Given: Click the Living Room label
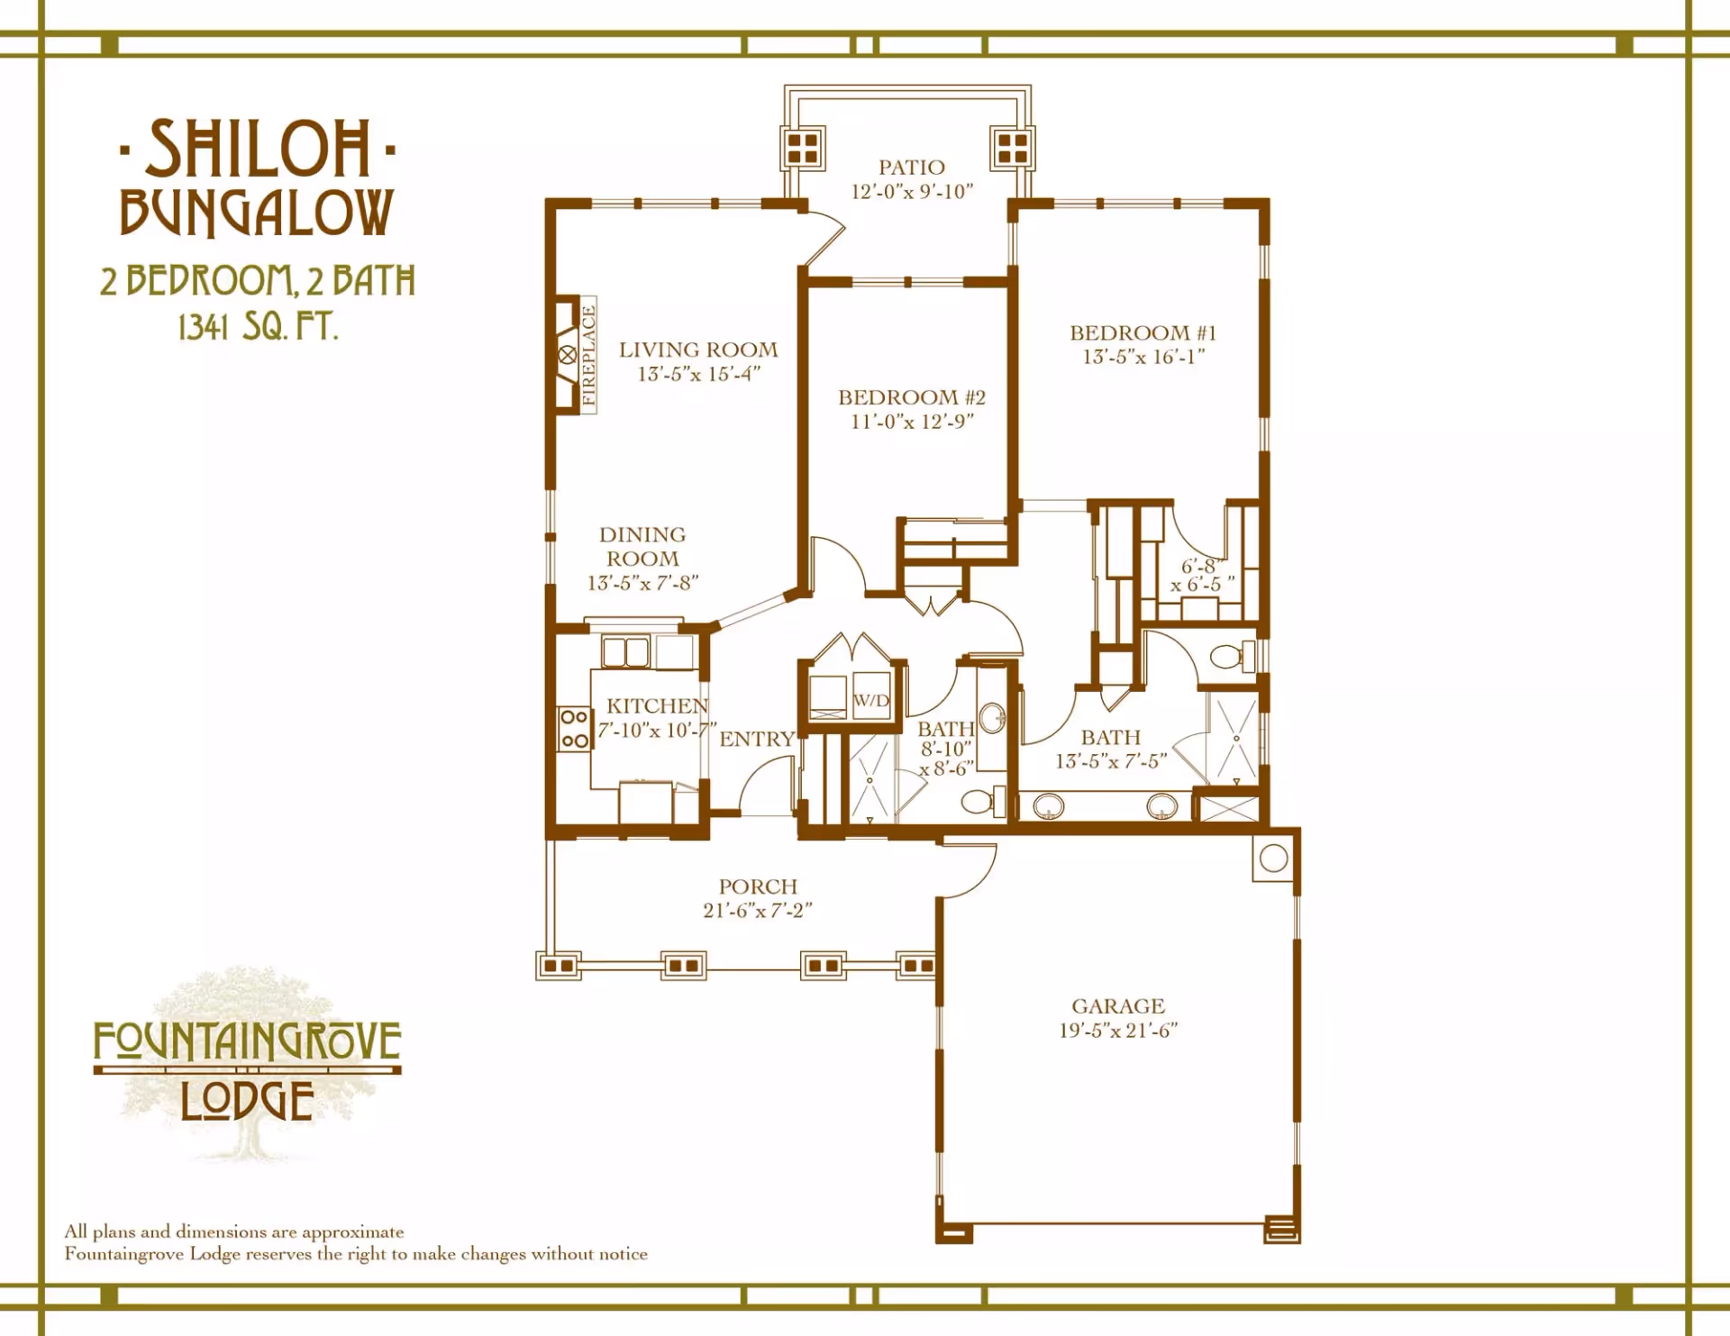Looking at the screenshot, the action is point(698,350).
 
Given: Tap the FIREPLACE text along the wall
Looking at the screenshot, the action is point(588,355).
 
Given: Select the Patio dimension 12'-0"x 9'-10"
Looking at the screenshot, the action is point(912,192).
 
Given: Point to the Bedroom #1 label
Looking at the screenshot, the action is point(1143,332).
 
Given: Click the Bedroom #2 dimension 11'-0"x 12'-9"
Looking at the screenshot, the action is point(912,422).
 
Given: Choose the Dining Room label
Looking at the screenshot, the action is point(642,547).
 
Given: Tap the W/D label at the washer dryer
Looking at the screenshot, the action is point(871,700).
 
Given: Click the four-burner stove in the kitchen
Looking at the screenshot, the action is point(574,729).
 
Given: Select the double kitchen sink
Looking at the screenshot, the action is point(625,651).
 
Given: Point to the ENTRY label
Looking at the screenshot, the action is point(757,739).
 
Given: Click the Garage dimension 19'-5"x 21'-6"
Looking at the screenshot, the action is point(1118,1031).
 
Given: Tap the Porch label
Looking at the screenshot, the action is point(758,886).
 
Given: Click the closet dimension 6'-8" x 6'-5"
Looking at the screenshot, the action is point(1202,575).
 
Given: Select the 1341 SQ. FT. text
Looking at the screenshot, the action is point(258,326).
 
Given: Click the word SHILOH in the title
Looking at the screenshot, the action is point(258,150).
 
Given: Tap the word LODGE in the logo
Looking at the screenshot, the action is point(247,1101).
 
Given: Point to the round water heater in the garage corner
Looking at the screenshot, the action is point(1273,859).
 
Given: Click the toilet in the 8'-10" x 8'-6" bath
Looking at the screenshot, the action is point(982,800).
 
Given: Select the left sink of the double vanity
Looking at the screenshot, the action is point(1048,805).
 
